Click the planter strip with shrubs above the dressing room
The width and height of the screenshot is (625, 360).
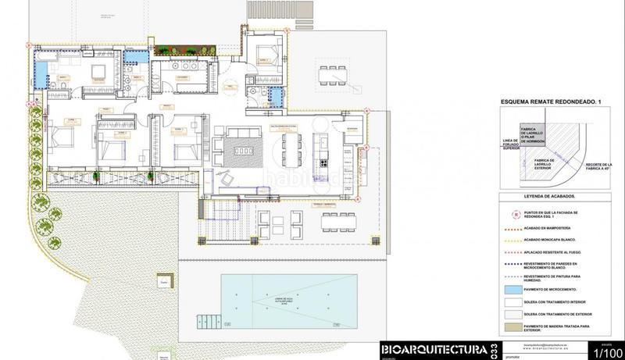tap(184, 52)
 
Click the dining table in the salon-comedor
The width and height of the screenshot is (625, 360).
tap(293, 146)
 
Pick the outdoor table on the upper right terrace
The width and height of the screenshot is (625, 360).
tap(334, 73)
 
